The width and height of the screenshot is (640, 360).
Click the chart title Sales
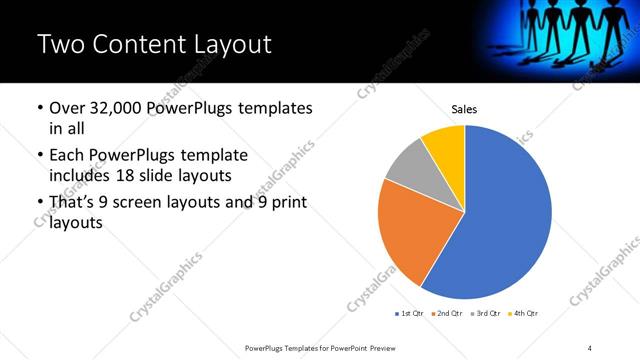[x=464, y=107]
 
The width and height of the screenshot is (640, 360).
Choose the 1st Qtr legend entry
[x=410, y=314]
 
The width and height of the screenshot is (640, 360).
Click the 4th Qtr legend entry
[x=524, y=314]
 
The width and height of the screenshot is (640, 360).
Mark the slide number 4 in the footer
[x=590, y=347]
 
